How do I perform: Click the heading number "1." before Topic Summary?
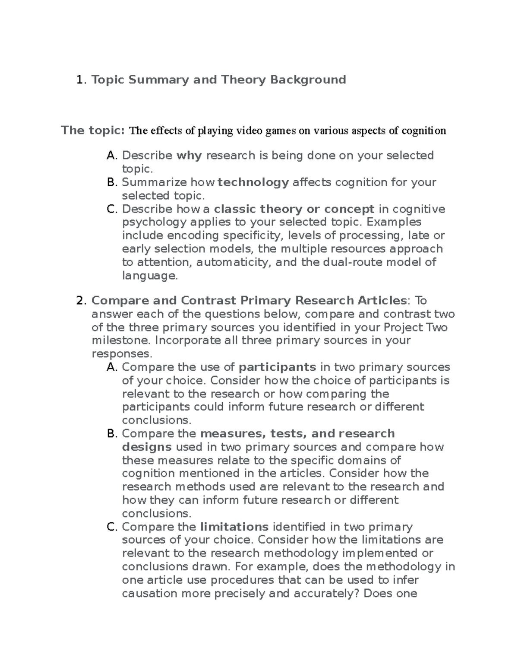click(81, 80)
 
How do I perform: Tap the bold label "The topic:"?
click(93, 130)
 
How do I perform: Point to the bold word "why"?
click(189, 156)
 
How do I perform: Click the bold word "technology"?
click(253, 182)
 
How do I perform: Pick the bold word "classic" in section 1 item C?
click(235, 209)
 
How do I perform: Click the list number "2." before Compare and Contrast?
click(81, 301)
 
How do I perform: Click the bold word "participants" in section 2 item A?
click(277, 367)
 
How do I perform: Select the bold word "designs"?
click(147, 447)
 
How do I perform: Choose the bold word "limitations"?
click(234, 527)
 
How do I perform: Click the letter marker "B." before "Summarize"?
click(112, 182)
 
